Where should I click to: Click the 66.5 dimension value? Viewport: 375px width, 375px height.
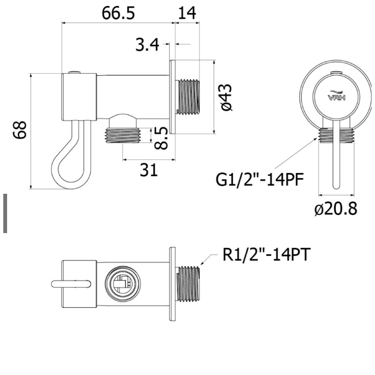click(118, 13)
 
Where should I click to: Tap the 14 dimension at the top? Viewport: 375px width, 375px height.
click(187, 13)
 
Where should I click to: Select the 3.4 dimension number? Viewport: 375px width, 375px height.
click(147, 44)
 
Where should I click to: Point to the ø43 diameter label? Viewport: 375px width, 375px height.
click(226, 97)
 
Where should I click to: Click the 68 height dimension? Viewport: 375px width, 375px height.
click(20, 130)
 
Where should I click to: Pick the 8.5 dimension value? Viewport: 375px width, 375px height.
click(161, 138)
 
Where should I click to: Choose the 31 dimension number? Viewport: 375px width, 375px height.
click(149, 170)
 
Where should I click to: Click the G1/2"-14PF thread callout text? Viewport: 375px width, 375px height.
click(259, 179)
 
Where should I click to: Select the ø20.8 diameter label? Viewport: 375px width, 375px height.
click(336, 209)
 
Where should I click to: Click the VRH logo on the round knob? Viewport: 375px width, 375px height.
click(336, 96)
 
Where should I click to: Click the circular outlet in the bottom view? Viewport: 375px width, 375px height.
click(123, 284)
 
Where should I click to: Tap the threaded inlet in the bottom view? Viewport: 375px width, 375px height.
click(188, 284)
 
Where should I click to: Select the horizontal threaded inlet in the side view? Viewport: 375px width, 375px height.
click(188, 97)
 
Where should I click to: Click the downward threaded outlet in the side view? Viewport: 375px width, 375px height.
click(123, 135)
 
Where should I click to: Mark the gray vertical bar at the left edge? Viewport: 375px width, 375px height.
click(5, 213)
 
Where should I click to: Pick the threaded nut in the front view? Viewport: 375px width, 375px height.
click(336, 135)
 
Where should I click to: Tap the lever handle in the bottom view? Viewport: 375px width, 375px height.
click(72, 284)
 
